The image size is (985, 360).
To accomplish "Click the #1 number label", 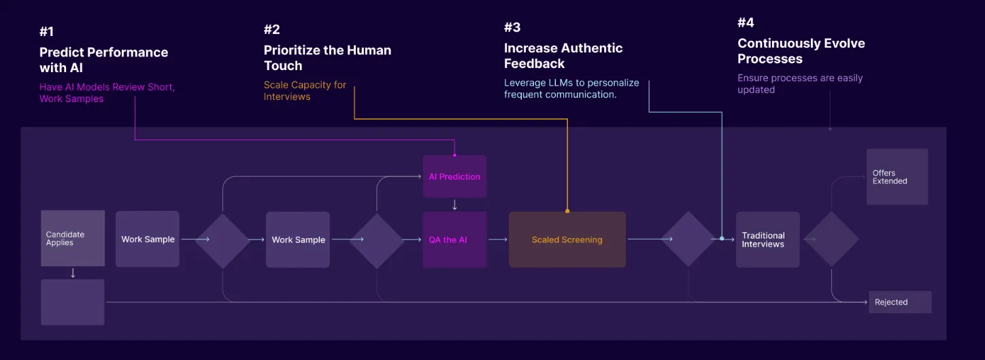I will pyautogui.click(x=48, y=32).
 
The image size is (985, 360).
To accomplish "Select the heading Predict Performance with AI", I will pyautogui.click(x=103, y=60).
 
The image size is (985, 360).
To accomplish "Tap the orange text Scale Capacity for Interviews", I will pyautogui.click(x=305, y=91).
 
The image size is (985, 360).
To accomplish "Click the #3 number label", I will pyautogui.click(x=512, y=27).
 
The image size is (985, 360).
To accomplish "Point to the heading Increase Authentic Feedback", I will pyautogui.click(x=563, y=56).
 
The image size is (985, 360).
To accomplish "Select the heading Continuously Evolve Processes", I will pyautogui.click(x=801, y=51).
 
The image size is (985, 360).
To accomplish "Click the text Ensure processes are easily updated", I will pyautogui.click(x=800, y=84).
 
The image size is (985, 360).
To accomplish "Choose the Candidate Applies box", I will pyautogui.click(x=73, y=238).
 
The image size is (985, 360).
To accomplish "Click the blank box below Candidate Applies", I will pyautogui.click(x=73, y=301).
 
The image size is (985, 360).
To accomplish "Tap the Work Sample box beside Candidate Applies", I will pyautogui.click(x=148, y=239).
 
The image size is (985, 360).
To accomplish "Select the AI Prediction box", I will pyautogui.click(x=454, y=176).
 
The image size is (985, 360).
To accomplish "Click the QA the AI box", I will pyautogui.click(x=454, y=240).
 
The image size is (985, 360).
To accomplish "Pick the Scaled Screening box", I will pyautogui.click(x=567, y=240).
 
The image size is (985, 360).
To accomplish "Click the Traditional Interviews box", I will pyautogui.click(x=767, y=240).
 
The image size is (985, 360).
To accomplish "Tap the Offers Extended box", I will pyautogui.click(x=897, y=177).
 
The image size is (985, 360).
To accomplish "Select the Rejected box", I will pyautogui.click(x=899, y=302).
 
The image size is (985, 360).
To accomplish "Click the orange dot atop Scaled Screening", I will pyautogui.click(x=567, y=211).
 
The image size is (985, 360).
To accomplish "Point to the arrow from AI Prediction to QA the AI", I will pyautogui.click(x=454, y=204).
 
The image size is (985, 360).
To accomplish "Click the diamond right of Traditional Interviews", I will pyautogui.click(x=831, y=239).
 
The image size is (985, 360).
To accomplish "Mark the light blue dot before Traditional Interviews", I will pyautogui.click(x=722, y=239).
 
